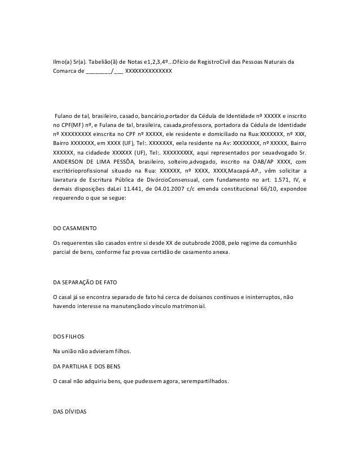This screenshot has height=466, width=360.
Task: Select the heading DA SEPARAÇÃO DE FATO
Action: [85, 282]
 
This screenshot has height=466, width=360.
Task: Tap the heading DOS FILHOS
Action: [68, 337]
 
